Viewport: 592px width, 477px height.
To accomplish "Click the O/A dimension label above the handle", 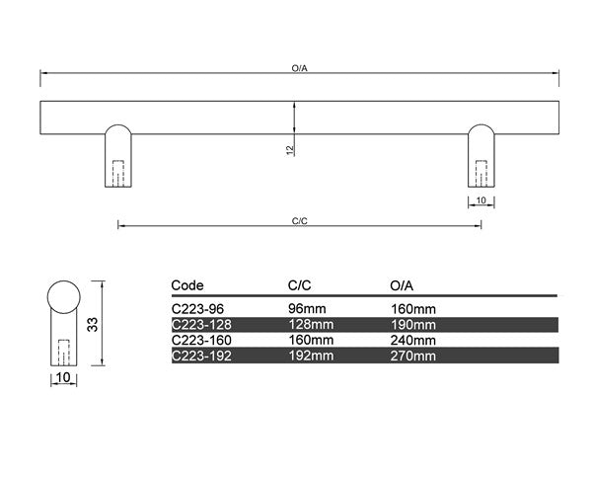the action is pos(299,68).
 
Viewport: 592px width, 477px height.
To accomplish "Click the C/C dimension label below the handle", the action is pos(299,221).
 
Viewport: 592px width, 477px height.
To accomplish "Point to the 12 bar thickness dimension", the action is pos(290,150).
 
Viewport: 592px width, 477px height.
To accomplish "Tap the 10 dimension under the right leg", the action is pos(481,200).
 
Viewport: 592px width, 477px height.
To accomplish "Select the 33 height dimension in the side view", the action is pos(93,324).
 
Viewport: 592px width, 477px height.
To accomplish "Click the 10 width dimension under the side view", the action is pos(63,377).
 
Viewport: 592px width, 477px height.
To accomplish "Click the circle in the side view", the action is pos(64,297).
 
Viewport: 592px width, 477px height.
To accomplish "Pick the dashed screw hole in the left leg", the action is pos(118,174).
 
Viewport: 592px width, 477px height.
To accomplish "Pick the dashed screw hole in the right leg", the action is pos(481,174).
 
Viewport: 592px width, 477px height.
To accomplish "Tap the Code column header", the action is pos(187,285).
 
